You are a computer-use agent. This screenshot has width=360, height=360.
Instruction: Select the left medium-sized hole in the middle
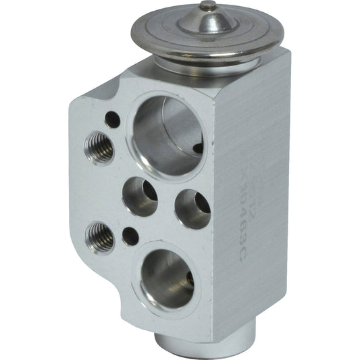pyautogui.click(x=140, y=197)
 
